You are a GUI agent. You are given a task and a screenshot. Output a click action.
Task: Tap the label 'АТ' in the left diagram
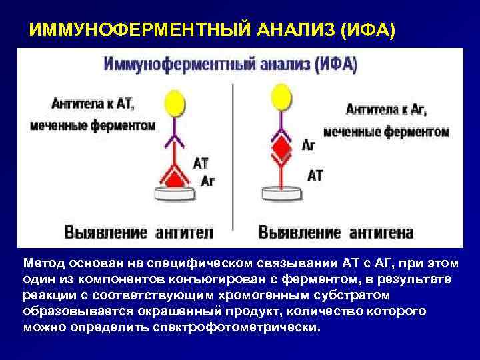click(202, 162)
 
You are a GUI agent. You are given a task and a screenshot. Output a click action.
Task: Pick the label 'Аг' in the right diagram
click(309, 145)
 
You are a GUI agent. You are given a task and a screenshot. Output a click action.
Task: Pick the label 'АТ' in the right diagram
click(315, 175)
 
